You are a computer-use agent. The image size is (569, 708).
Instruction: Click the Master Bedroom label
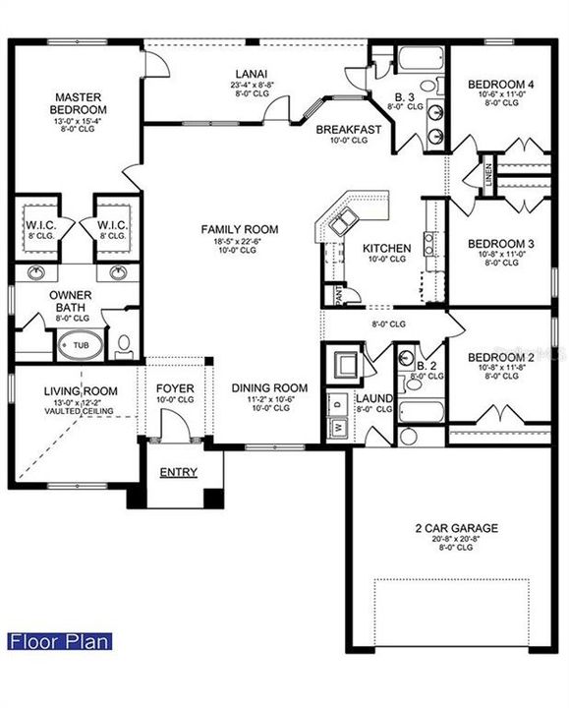[81, 103]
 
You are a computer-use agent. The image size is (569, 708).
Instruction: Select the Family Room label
[240, 229]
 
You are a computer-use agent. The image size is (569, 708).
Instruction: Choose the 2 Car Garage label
[454, 528]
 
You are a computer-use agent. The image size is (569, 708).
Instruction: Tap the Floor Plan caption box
[59, 642]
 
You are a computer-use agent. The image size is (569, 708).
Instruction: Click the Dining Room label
[269, 387]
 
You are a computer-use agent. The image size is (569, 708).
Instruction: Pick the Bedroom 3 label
[500, 244]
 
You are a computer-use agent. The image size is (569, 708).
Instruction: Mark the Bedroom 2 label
[500, 357]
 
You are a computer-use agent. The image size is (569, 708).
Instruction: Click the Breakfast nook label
[349, 129]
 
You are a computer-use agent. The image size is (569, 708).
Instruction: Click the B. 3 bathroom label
[404, 96]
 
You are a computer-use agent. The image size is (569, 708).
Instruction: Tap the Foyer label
[175, 387]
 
